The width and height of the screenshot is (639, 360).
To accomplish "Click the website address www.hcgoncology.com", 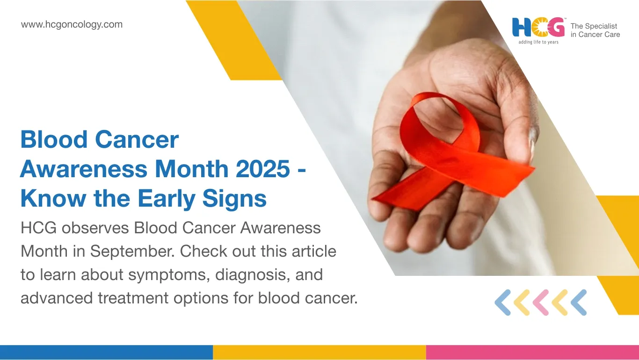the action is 72,25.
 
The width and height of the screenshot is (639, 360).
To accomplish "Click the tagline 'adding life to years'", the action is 538,42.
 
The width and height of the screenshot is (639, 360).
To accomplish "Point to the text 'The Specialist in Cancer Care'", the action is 595,30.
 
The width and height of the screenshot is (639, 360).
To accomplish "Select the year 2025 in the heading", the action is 263,169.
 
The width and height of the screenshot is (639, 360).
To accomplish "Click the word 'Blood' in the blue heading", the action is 54,139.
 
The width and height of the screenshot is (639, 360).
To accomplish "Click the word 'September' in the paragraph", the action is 132,252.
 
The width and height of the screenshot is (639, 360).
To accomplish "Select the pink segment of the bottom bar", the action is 532,353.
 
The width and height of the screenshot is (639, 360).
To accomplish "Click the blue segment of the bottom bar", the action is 106,353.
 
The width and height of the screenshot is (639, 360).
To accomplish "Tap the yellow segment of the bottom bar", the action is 319,353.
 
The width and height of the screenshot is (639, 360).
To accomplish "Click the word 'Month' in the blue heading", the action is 192,169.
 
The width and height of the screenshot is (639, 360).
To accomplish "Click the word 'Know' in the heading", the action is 53,198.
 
